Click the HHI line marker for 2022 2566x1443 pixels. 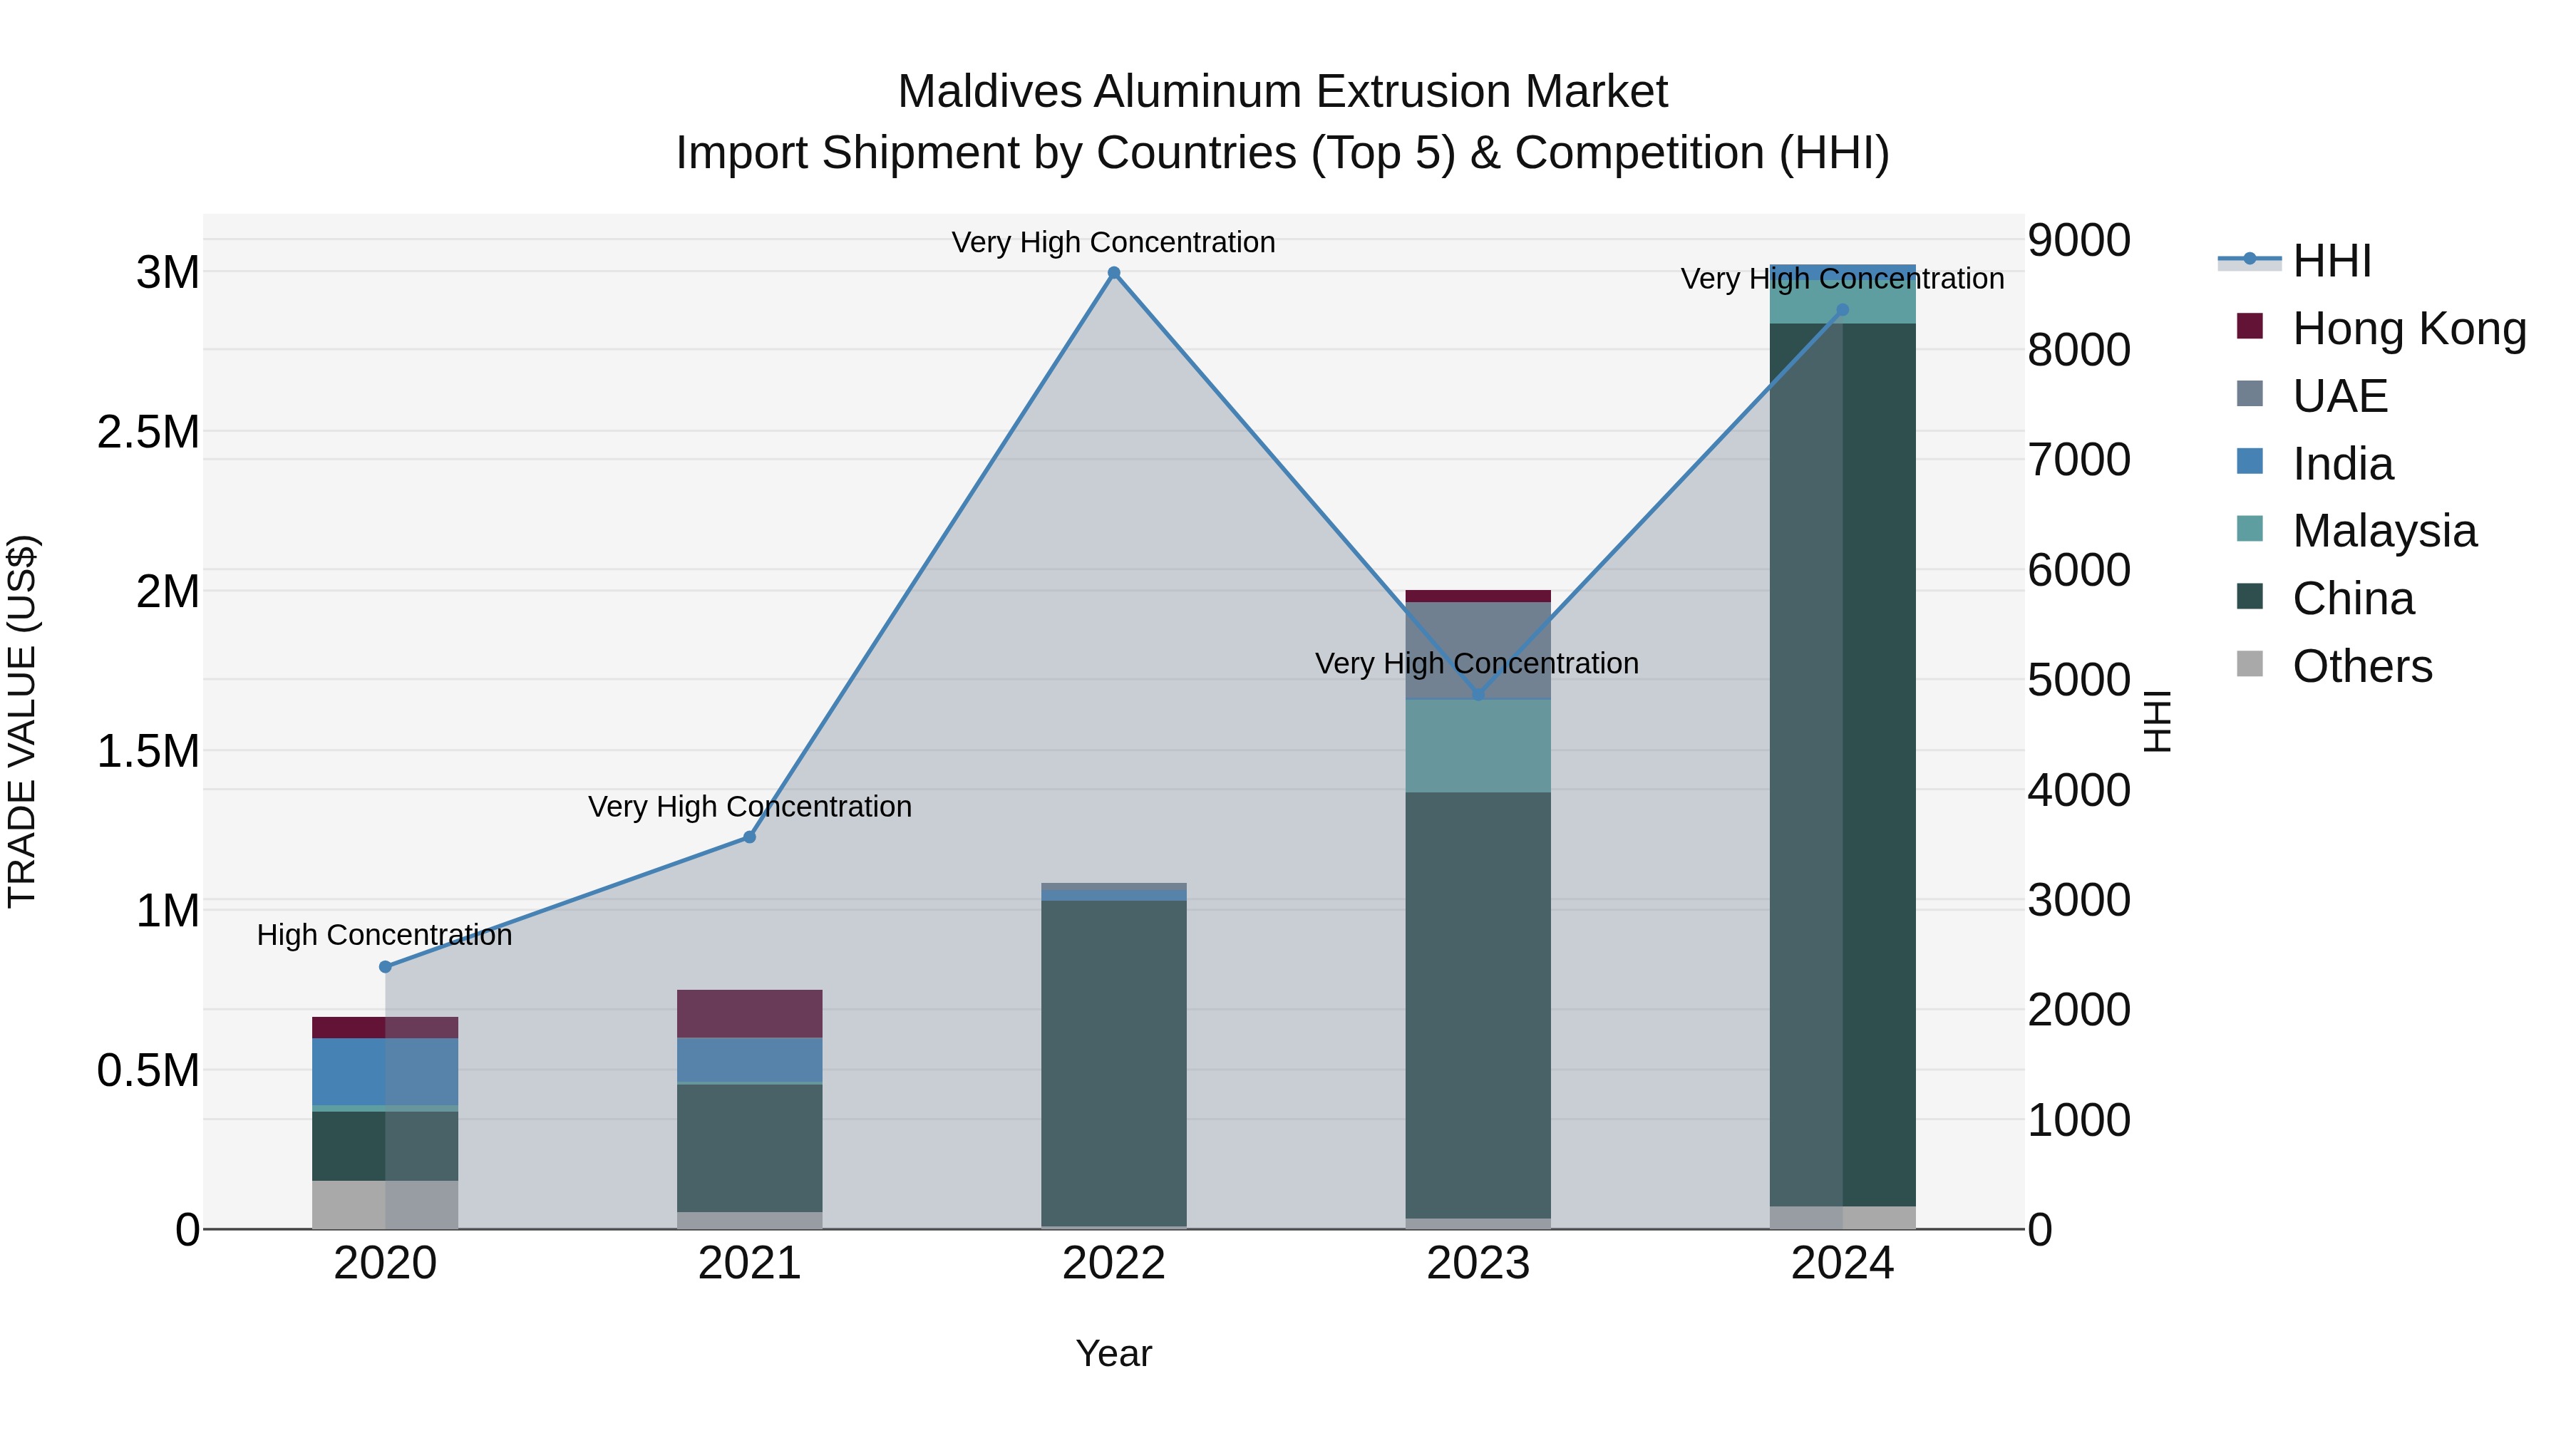1113,273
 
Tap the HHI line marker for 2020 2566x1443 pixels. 386,967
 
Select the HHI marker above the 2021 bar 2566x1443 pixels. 750,837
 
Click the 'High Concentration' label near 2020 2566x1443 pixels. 384,935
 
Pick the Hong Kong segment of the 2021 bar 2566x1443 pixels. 750,1014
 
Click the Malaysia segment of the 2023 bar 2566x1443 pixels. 1478,746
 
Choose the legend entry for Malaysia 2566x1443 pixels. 2384,531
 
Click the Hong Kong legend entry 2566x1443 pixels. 2408,329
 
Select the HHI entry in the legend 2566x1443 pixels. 2331,261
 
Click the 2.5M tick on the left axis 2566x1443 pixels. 148,433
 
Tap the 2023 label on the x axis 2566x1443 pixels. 1478,1263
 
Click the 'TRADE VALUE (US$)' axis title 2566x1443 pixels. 22,721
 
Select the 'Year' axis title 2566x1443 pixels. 1113,1353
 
